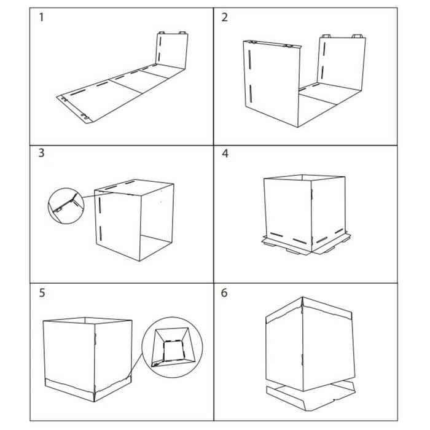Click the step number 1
pos(41,17)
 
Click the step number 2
pos(225,17)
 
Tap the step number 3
pos(41,153)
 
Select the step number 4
pos(225,154)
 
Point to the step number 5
pos(42,293)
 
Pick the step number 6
pos(224,293)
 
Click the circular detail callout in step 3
pos(66,206)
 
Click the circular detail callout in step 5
pos(172,348)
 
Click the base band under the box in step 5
pos(88,388)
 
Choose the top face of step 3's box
pos(135,187)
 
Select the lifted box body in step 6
pos(310,343)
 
